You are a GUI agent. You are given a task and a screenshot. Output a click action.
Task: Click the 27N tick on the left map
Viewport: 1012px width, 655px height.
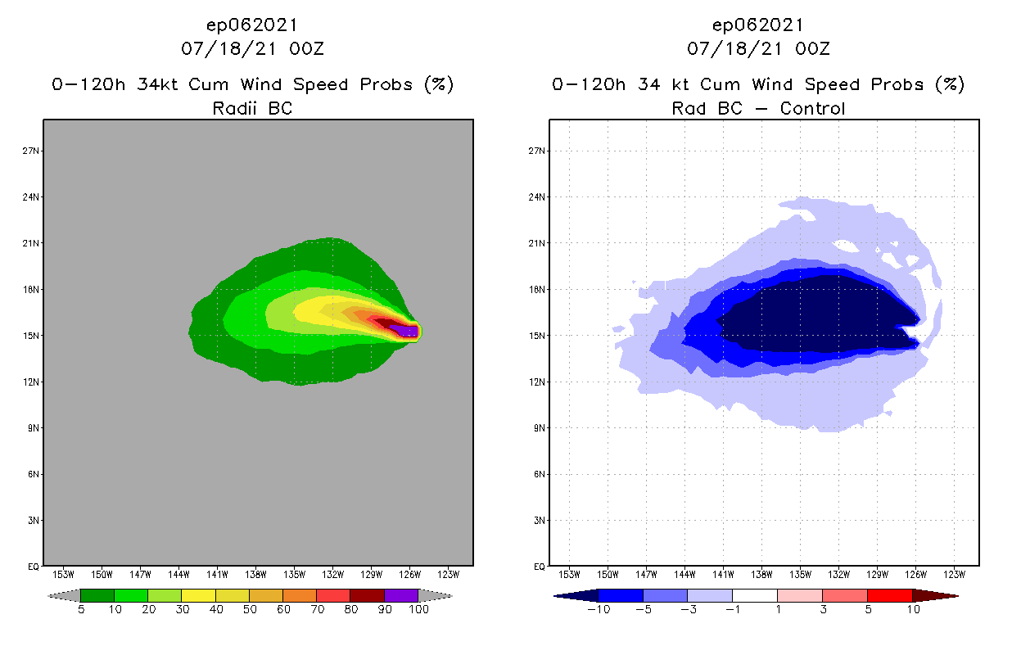pyautogui.click(x=33, y=151)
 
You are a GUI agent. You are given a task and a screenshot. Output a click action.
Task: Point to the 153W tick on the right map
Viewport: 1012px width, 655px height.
pyautogui.click(x=569, y=573)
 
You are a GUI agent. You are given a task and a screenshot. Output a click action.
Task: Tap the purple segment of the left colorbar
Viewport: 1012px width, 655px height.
pyautogui.click(x=401, y=595)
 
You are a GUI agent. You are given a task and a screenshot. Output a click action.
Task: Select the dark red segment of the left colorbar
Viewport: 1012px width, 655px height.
pyautogui.click(x=367, y=595)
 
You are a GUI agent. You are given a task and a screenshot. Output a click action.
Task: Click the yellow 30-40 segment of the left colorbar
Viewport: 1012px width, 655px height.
pyautogui.click(x=198, y=595)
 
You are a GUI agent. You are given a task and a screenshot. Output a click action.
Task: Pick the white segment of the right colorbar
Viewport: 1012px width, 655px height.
pyautogui.click(x=754, y=595)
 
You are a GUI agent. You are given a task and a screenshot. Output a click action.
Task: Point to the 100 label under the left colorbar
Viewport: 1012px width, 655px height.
pyautogui.click(x=418, y=609)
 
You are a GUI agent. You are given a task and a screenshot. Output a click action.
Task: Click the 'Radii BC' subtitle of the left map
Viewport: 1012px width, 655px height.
pyautogui.click(x=252, y=108)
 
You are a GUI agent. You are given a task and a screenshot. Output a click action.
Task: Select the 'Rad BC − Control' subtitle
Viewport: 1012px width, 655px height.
pyautogui.click(x=758, y=108)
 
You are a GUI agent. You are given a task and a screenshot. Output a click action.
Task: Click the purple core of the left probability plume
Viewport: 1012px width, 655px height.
pyautogui.click(x=404, y=331)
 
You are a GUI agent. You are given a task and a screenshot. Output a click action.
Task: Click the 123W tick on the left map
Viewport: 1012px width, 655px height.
pyautogui.click(x=449, y=573)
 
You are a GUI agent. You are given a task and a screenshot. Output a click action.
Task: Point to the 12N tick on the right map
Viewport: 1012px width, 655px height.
pyautogui.click(x=538, y=382)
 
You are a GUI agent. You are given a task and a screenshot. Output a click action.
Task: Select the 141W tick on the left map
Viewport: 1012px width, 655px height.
pyautogui.click(x=218, y=573)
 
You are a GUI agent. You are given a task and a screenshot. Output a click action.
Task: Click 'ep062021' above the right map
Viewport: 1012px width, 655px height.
pyautogui.click(x=758, y=25)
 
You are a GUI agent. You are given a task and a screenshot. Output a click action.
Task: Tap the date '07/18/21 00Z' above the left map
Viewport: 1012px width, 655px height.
pyautogui.click(x=252, y=48)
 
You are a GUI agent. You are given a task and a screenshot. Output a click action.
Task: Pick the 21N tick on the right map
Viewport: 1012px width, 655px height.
pyautogui.click(x=538, y=244)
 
